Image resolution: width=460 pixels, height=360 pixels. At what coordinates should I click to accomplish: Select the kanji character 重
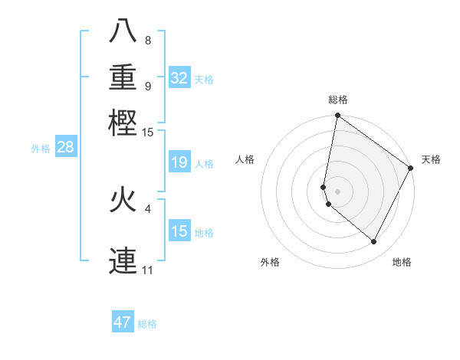coord(123,77)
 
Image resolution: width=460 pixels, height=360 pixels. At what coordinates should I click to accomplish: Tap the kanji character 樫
coord(123,122)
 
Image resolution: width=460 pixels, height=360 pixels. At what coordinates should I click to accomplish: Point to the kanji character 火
coord(123,200)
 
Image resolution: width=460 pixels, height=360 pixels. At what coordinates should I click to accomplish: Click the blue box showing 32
coord(179,78)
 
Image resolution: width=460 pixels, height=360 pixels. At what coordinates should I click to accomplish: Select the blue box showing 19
coord(179,162)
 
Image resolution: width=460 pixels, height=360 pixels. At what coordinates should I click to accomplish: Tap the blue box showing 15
coord(179,231)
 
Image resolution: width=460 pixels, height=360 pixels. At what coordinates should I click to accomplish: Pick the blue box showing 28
coord(66,148)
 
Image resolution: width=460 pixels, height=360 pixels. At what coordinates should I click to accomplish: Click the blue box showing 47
coord(123,322)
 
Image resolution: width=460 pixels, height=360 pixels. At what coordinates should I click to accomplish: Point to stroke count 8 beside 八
coord(147,41)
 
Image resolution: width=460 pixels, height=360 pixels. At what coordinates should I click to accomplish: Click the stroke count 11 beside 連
coord(147,270)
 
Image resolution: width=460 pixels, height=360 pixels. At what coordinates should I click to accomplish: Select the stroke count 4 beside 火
coord(147,208)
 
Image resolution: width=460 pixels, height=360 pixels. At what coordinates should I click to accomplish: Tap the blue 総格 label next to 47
coord(147,324)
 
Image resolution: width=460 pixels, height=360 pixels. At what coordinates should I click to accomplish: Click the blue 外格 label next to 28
coord(41,149)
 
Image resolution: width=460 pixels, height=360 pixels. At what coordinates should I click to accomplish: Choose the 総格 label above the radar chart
coord(338,100)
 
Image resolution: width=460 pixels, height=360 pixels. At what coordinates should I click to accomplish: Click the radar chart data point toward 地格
coord(374,242)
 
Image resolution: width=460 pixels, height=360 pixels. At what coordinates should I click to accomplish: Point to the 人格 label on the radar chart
coord(245,159)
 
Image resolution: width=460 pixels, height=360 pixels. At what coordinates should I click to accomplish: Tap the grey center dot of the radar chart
coord(338,191)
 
